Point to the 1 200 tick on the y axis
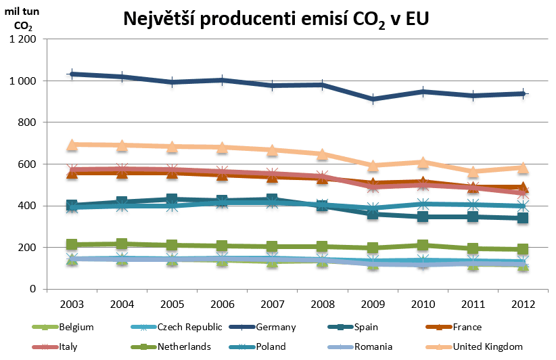point(23,39)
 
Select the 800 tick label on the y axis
point(26,122)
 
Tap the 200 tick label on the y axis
point(26,248)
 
